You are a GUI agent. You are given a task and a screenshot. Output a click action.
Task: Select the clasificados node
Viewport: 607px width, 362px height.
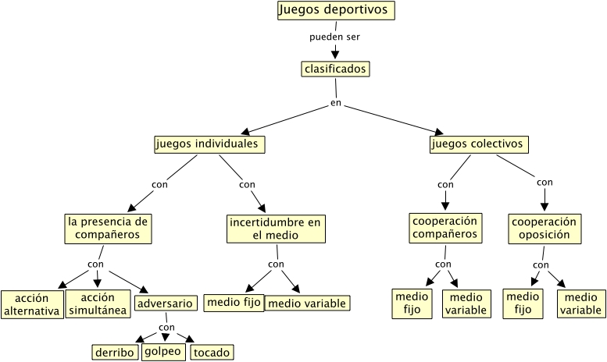tap(334, 69)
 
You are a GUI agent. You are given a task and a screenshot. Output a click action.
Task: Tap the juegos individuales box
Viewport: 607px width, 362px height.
tap(209, 144)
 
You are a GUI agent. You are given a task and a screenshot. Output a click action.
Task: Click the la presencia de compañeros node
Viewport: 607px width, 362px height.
tap(108, 227)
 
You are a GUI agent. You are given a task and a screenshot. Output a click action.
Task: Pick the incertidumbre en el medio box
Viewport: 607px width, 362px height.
tap(275, 229)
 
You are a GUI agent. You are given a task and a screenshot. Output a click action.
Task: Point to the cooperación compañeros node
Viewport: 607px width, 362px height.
tap(445, 227)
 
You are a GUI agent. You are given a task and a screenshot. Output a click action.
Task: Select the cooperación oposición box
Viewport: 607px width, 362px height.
tap(545, 228)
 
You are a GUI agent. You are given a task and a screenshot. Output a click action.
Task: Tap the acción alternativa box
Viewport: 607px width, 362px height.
tap(32, 305)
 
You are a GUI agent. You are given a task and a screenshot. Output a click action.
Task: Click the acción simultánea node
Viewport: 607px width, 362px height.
tap(97, 304)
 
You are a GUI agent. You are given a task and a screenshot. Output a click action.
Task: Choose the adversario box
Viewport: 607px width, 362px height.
tap(164, 303)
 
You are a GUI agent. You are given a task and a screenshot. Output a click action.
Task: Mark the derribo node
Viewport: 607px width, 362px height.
tap(115, 352)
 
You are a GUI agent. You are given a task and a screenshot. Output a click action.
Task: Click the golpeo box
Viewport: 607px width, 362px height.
tap(163, 352)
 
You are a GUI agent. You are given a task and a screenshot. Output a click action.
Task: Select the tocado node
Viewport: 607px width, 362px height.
tap(212, 353)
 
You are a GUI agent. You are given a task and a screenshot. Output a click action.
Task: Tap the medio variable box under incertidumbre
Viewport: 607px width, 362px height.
tap(306, 303)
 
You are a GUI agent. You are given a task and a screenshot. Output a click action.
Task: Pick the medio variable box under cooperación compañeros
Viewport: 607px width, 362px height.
tap(466, 303)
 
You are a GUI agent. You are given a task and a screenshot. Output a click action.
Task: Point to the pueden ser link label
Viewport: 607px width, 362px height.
tap(334, 37)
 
